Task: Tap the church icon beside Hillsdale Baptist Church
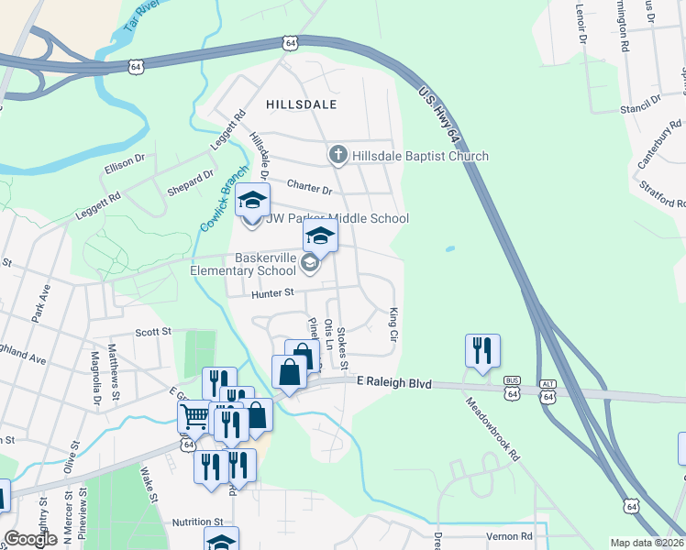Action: [338, 155]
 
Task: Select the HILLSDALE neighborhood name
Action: [302, 105]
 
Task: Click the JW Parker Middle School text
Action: [337, 218]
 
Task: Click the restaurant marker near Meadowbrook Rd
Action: [482, 351]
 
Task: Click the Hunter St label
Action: [272, 293]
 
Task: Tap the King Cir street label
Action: [394, 325]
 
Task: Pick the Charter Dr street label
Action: [309, 188]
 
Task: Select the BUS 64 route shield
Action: [513, 391]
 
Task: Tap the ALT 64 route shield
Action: [548, 391]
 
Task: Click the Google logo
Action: [30, 538]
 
